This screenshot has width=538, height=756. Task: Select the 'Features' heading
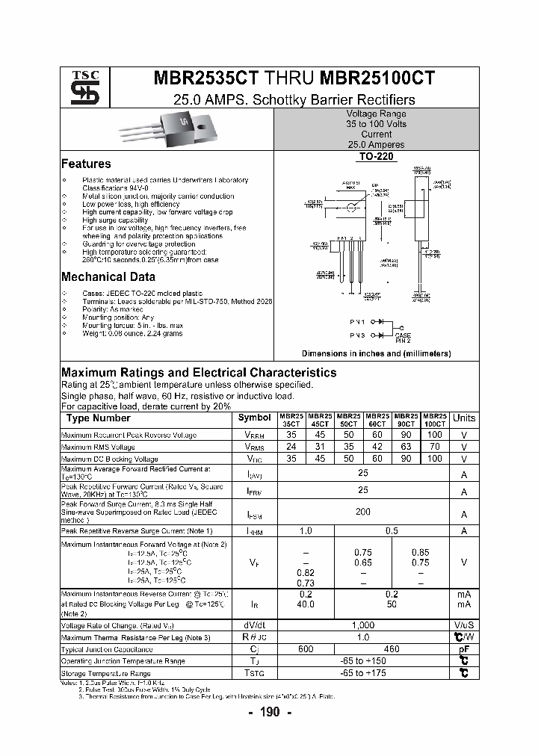coord(86,164)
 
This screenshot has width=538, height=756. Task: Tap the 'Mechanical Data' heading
coord(108,276)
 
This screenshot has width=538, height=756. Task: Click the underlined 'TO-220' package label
coord(377,158)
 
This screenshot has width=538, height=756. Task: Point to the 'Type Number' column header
coord(99,418)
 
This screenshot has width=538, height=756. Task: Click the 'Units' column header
coord(464,418)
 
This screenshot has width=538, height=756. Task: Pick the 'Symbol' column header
coord(255,418)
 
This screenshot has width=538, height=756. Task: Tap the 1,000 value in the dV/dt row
coord(363,625)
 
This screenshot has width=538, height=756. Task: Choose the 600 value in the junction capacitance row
coord(306,648)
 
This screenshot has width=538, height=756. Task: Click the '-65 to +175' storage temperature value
coord(363,673)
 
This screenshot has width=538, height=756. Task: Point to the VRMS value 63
coord(406,447)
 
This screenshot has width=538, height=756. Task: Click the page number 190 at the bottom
coord(270,713)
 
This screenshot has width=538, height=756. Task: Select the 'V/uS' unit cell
coord(464,625)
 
